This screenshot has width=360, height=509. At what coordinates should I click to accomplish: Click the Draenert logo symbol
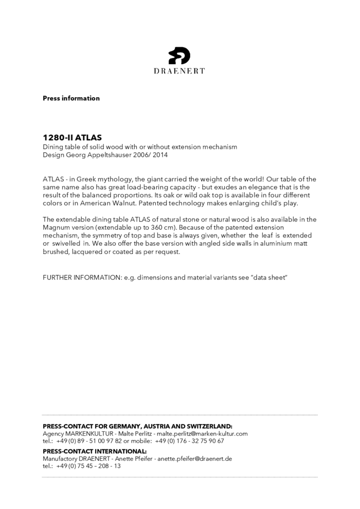click(179, 56)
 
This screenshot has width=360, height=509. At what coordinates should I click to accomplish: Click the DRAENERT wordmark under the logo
click(179, 71)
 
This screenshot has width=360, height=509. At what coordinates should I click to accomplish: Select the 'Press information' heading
click(71, 98)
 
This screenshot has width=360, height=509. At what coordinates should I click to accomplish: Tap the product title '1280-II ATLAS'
click(72, 138)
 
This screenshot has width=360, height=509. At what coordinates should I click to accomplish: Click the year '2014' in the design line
click(159, 154)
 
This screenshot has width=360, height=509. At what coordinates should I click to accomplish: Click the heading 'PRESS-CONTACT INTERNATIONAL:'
click(95, 451)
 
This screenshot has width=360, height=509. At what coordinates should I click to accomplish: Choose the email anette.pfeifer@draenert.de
click(194, 459)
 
